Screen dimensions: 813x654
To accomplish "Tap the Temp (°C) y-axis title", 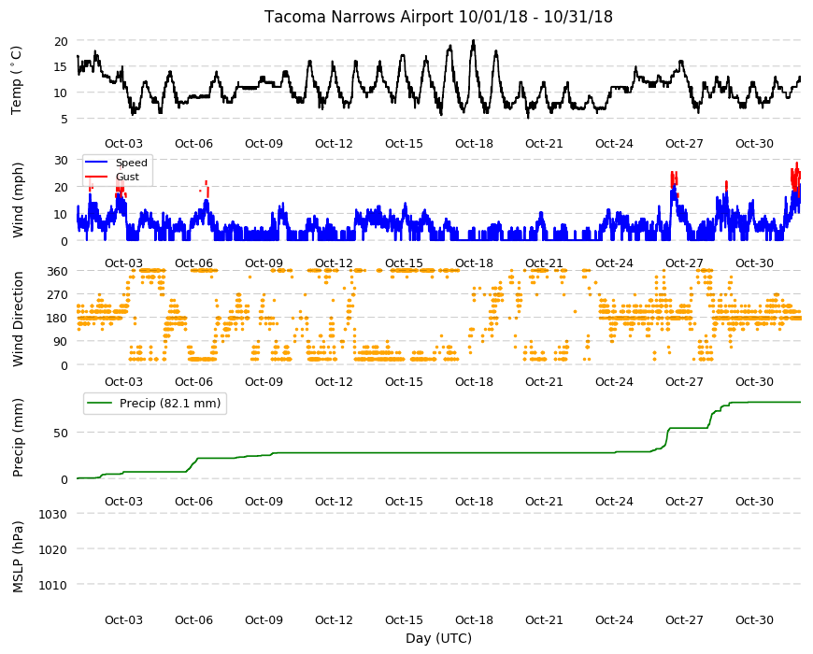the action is (17, 79).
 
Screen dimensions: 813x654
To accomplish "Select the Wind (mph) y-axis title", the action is (18, 200).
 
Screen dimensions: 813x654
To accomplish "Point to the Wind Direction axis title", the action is (18, 319).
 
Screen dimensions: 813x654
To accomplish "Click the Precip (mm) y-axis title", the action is (18, 437).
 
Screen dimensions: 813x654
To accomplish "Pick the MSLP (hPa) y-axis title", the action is (18, 557).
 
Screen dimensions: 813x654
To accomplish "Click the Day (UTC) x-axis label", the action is (438, 638).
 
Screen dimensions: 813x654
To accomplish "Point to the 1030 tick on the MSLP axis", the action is (52, 514).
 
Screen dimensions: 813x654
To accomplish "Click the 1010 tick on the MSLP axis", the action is (52, 585).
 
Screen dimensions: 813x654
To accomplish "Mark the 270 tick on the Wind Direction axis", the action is (57, 295).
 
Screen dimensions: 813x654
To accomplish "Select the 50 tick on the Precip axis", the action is (61, 433).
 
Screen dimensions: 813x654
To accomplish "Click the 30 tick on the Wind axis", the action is (61, 160).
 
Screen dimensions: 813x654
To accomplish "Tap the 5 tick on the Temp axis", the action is (64, 120).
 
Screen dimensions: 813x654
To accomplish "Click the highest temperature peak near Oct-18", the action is (474, 40).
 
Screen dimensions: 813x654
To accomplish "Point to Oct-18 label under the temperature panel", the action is (474, 144).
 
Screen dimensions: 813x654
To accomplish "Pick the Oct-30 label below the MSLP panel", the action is (754, 619).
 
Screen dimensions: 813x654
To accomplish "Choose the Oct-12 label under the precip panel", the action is (334, 501).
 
